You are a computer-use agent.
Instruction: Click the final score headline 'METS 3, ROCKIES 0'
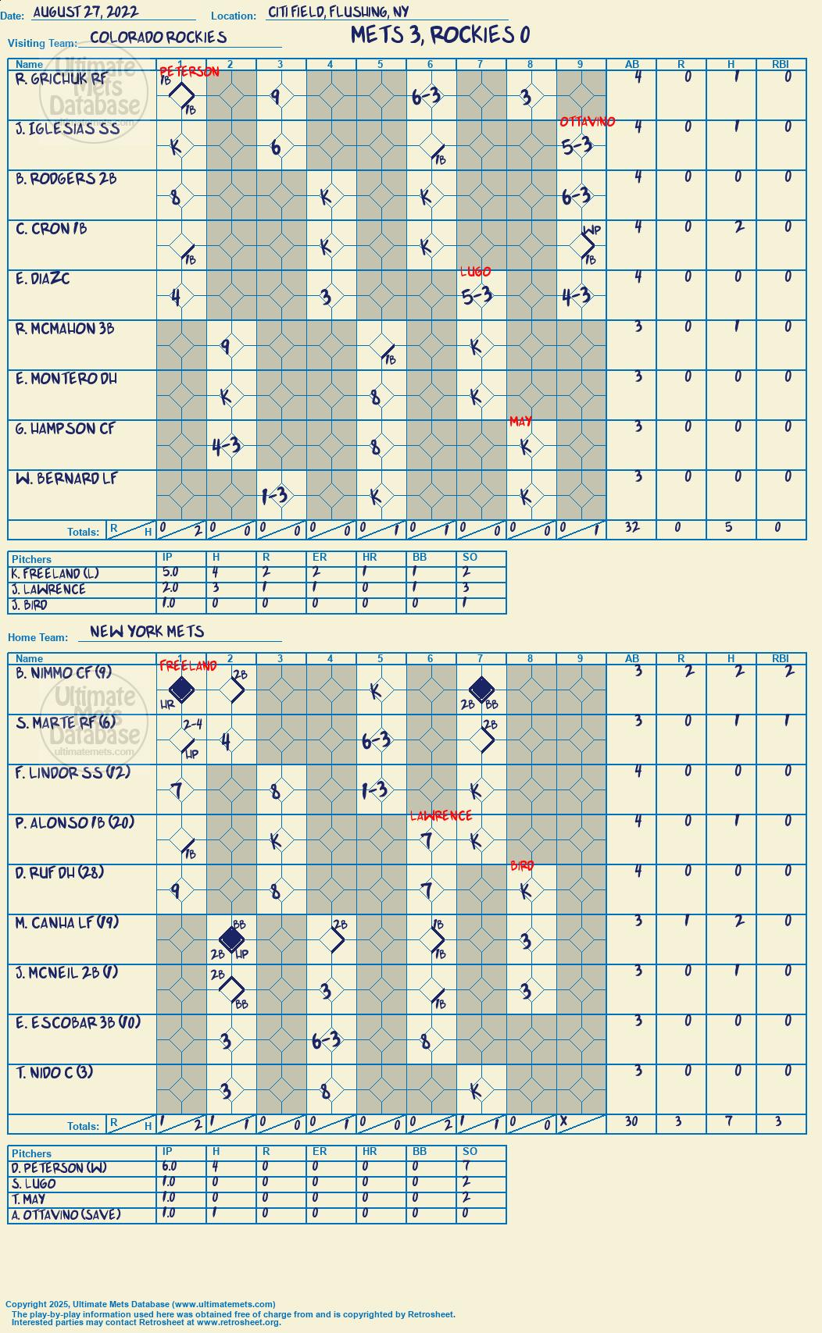pos(440,35)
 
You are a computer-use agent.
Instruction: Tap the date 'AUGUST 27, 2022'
pos(86,12)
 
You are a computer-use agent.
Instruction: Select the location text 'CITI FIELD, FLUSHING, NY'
pos(338,12)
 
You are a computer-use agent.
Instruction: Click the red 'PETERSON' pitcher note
pos(189,71)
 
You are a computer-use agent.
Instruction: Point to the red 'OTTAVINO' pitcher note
pos(588,121)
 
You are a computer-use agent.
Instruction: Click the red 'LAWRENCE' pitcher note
pos(441,815)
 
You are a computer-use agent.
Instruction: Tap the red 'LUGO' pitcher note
pos(475,272)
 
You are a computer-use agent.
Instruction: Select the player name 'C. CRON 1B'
pos(52,229)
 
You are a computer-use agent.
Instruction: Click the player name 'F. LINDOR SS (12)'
pos(73,772)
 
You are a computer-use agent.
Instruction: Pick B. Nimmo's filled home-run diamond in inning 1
pos(181,690)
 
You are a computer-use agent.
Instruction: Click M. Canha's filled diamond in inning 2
pos(231,939)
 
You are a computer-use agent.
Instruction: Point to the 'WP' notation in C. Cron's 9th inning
pos(591,230)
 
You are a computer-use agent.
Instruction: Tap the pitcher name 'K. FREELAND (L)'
pos(55,574)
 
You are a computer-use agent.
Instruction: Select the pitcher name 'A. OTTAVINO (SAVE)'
pos(66,1214)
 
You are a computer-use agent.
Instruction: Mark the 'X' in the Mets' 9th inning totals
pos(564,1121)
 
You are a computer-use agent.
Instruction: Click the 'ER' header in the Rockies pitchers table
pos(320,557)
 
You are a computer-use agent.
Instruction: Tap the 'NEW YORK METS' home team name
pos(147,632)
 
